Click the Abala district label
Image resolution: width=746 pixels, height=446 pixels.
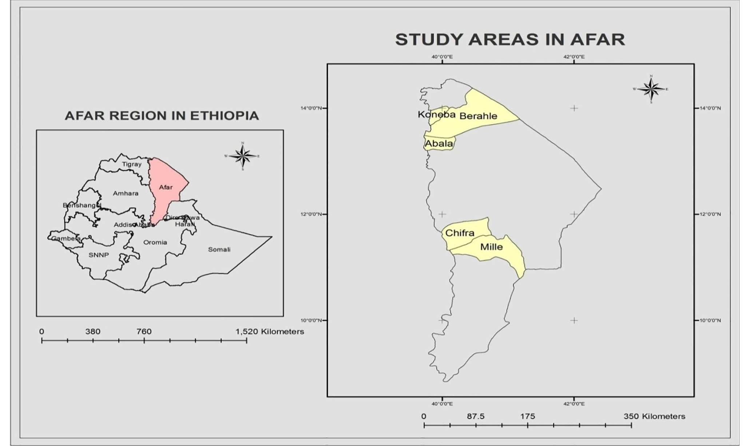(439, 144)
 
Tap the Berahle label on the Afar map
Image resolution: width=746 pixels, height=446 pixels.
(478, 116)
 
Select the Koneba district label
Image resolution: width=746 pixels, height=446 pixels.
(436, 115)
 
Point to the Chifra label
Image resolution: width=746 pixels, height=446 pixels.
(460, 233)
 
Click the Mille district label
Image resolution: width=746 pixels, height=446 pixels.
(491, 247)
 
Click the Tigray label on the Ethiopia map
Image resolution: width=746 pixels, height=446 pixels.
(132, 164)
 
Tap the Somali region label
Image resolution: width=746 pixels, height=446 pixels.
(219, 250)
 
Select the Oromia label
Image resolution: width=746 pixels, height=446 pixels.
(155, 242)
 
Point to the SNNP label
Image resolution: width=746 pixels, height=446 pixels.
(99, 255)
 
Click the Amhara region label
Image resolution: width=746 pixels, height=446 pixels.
(126, 194)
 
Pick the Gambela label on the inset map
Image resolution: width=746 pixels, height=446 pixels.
(66, 239)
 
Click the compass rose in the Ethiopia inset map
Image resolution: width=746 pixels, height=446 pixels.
(243, 156)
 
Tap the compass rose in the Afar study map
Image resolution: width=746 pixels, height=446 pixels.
(651, 89)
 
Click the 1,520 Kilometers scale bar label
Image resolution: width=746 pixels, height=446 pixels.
(270, 332)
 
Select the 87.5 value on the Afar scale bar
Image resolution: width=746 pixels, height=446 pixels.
(476, 417)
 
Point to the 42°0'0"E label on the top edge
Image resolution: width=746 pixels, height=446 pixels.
(574, 57)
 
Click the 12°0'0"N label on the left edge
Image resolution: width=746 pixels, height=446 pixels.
(311, 214)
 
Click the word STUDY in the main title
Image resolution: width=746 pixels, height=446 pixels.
(430, 40)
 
